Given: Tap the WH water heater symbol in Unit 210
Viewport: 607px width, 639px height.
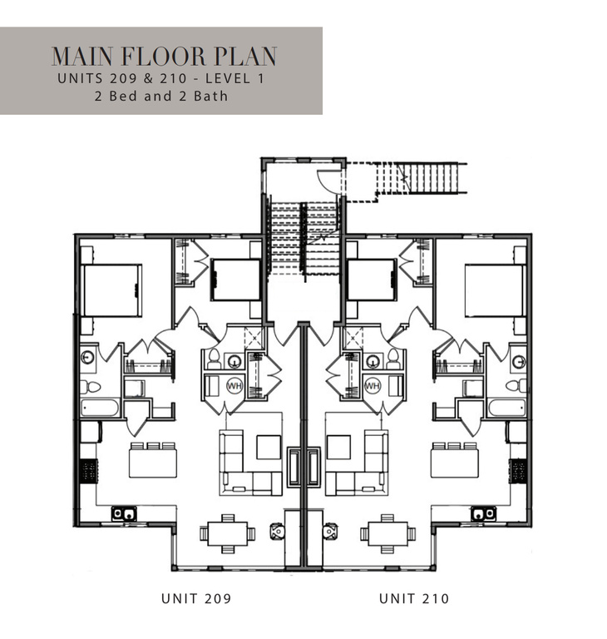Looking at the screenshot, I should tap(372, 385).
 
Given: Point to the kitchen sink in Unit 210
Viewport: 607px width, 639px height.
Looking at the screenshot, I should tap(483, 514).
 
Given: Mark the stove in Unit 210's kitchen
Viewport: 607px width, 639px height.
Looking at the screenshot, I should tap(519, 472).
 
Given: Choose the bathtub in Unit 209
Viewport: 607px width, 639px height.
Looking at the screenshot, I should tap(100, 408).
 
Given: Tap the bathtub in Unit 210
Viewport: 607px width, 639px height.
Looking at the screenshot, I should tap(506, 408).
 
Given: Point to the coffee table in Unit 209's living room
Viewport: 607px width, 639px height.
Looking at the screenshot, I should tap(268, 448).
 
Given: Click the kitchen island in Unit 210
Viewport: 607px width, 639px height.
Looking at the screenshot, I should tap(454, 460).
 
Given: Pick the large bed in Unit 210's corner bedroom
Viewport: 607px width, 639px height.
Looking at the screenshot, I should tap(495, 290).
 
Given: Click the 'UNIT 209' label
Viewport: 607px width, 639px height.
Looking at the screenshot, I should tap(196, 598).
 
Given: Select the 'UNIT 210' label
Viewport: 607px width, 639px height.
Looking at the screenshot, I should tap(413, 598).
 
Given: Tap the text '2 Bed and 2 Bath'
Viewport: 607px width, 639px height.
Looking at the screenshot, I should tap(161, 96).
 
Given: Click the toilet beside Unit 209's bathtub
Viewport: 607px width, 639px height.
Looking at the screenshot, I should tap(91, 386).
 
